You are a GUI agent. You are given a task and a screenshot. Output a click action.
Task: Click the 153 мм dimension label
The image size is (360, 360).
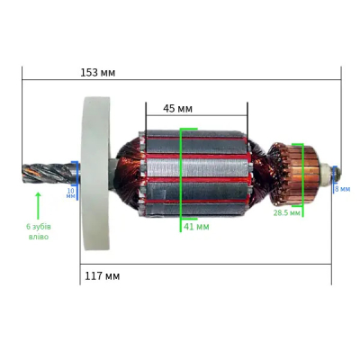(98, 73)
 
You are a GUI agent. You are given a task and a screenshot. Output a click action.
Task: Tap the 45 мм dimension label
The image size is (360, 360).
(177, 109)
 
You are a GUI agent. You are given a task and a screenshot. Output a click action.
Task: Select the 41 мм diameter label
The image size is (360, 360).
(196, 227)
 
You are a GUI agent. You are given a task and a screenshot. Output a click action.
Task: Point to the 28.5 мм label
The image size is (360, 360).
(287, 213)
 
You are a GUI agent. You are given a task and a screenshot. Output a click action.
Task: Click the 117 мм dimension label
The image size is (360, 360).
(103, 276)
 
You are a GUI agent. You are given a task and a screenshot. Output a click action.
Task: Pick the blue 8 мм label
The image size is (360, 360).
(342, 189)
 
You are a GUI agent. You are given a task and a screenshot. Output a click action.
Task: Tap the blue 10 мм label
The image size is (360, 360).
(71, 193)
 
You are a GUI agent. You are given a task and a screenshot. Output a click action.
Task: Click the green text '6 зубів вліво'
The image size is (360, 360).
(39, 231)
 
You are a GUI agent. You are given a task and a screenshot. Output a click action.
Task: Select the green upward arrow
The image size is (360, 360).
(38, 206)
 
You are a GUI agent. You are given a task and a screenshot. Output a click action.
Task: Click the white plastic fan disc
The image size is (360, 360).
(96, 174)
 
